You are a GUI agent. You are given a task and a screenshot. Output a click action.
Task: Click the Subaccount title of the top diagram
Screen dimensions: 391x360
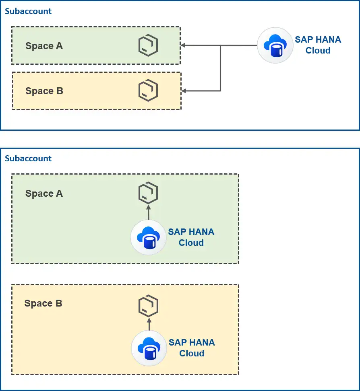point(28,11)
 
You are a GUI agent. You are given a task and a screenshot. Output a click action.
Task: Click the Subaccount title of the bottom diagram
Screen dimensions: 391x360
point(28,158)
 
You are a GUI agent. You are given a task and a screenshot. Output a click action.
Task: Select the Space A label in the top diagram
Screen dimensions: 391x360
point(44,46)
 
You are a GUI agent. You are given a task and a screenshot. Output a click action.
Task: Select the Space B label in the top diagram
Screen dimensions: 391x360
point(44,91)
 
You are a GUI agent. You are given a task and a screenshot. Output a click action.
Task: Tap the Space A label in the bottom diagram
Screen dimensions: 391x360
point(44,193)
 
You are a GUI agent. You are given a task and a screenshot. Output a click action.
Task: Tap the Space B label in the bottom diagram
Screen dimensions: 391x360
point(43,303)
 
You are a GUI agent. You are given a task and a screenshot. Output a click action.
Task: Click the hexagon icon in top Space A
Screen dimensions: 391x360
point(148,46)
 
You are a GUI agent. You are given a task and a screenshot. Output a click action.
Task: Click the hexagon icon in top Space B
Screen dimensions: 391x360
point(148,91)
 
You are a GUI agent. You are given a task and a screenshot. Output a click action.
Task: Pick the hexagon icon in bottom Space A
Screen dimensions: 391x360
point(148,193)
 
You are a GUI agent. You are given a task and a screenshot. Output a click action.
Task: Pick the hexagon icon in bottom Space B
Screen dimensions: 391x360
point(148,307)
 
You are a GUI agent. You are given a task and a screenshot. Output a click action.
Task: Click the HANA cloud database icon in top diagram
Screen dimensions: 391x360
point(275,45)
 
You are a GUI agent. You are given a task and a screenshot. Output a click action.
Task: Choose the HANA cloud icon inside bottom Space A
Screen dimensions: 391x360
point(148,237)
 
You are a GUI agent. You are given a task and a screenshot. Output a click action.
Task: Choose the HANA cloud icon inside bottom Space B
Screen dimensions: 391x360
point(149,348)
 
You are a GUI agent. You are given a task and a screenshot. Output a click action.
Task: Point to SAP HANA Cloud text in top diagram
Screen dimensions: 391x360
point(318,45)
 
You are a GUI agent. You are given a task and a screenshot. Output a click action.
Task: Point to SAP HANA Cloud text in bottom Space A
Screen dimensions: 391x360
point(191,237)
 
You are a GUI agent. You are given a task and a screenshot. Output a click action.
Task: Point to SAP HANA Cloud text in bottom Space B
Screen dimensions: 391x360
point(192,348)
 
